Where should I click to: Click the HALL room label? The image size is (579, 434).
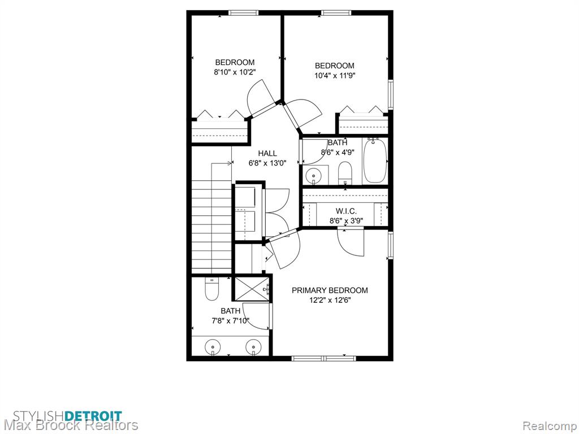pyautogui.click(x=267, y=153)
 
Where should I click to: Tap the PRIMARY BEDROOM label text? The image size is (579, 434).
pyautogui.click(x=330, y=290)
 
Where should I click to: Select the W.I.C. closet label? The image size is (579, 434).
pyautogui.click(x=346, y=211)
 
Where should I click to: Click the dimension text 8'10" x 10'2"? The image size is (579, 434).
pyautogui.click(x=235, y=72)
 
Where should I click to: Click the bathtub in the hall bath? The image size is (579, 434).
pyautogui.click(x=375, y=161)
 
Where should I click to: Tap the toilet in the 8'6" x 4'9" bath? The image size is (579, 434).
pyautogui.click(x=345, y=172)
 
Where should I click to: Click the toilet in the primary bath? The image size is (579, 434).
pyautogui.click(x=212, y=289)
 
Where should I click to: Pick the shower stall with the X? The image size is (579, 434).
pyautogui.click(x=252, y=288)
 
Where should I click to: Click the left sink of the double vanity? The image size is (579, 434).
pyautogui.click(x=213, y=348)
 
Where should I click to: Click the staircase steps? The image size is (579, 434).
pyautogui.click(x=211, y=224)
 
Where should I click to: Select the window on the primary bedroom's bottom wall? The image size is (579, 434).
pyautogui.click(x=323, y=358)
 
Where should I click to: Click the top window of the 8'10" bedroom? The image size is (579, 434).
pyautogui.click(x=243, y=13)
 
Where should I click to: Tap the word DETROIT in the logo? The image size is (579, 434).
pyautogui.click(x=93, y=416)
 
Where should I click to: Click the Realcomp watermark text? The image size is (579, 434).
pyautogui.click(x=550, y=426)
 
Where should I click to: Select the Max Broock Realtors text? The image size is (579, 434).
pyautogui.click(x=71, y=426)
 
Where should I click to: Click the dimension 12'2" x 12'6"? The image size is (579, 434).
pyautogui.click(x=330, y=301)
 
